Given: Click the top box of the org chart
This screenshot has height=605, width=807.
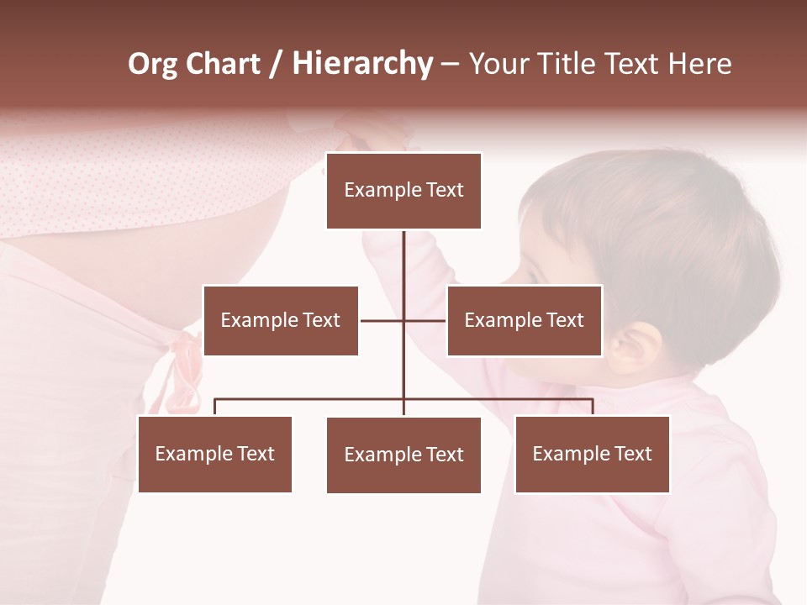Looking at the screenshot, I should coord(403,191).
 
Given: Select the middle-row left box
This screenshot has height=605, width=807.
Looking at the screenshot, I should coord(281,320).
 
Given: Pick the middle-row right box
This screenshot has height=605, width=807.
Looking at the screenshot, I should coord(524,320).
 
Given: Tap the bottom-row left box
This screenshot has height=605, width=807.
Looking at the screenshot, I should coord(214,454).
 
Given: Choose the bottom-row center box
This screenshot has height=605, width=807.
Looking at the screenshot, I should coord(403,455).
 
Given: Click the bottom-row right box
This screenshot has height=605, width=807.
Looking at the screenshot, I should coord(592,454).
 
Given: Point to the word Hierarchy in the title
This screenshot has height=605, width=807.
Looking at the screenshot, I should coord(361,65).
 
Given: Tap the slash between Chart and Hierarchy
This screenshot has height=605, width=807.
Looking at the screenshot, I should coord(275,65).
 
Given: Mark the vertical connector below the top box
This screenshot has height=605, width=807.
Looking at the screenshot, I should coord(403,269).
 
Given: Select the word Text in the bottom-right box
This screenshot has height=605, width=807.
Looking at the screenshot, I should coord(632,454).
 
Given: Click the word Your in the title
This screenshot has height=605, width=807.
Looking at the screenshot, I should coord(495,64).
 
